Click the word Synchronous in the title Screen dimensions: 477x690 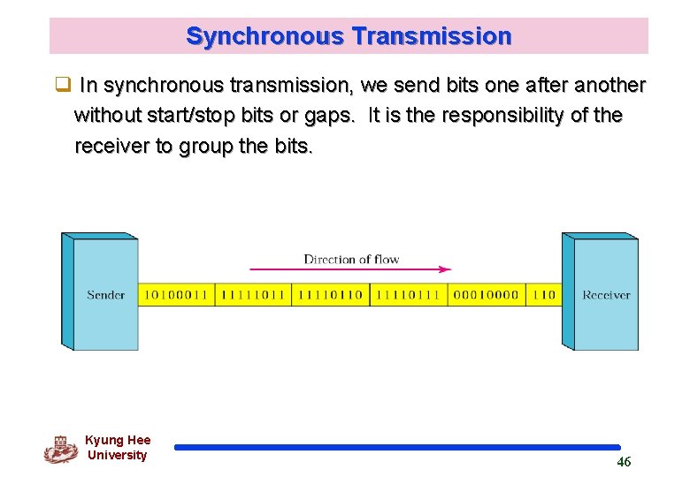(264, 36)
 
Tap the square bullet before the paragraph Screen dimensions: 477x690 (62, 86)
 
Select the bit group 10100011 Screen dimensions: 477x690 (176, 295)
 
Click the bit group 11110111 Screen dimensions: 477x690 (408, 295)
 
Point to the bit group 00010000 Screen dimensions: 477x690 (486, 295)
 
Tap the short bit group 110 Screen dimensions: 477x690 (545, 295)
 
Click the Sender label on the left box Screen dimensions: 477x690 (106, 295)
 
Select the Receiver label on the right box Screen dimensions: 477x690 (606, 295)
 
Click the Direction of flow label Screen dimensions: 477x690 (351, 259)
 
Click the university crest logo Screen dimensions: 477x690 (60, 449)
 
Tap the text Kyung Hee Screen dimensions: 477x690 (118, 440)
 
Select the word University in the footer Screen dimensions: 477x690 (117, 455)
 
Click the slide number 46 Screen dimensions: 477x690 (624, 462)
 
